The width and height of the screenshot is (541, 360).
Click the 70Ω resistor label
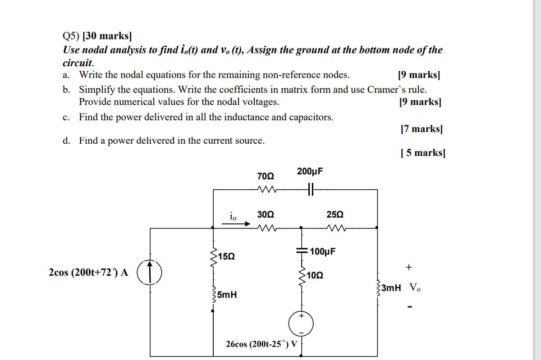(265, 175)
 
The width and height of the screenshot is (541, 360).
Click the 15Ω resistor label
(226, 256)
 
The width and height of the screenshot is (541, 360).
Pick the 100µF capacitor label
(322, 251)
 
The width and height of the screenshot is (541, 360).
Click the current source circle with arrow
(149, 272)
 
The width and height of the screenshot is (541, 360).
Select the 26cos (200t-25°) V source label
(261, 344)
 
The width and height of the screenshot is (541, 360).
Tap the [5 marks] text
(422, 153)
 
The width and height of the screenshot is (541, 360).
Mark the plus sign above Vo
(408, 267)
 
